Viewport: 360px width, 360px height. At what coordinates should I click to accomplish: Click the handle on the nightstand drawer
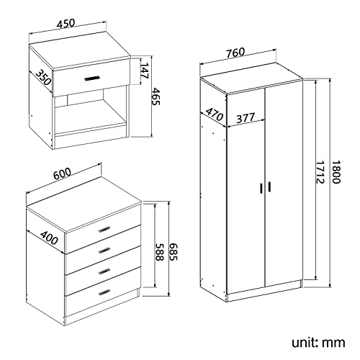click(92, 78)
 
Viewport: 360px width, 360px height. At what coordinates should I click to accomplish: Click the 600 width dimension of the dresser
click(62, 174)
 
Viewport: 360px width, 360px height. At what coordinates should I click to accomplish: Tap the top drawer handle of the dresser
click(105, 229)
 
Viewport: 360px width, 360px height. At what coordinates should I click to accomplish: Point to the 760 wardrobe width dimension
click(236, 51)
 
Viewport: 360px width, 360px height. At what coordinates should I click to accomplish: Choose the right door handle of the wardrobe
click(269, 186)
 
